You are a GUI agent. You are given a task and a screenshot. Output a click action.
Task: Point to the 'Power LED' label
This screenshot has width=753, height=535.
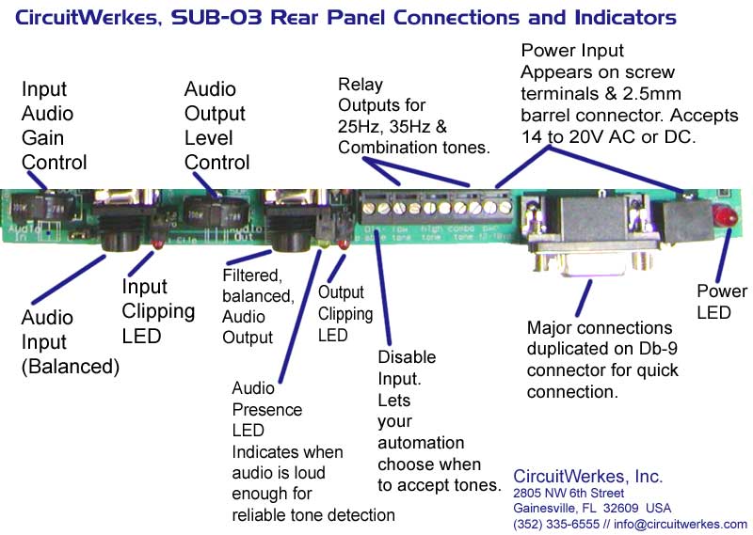click(x=721, y=301)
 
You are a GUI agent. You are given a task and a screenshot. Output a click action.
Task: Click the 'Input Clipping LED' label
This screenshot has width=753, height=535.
click(x=158, y=311)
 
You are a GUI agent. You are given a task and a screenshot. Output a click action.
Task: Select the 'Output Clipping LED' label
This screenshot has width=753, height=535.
click(x=344, y=314)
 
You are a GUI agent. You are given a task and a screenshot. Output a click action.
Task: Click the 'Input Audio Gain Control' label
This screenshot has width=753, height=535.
click(x=54, y=126)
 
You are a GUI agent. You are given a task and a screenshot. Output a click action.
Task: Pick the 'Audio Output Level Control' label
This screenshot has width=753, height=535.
click(x=216, y=126)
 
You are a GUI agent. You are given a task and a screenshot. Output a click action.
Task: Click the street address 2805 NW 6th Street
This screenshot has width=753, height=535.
click(x=569, y=493)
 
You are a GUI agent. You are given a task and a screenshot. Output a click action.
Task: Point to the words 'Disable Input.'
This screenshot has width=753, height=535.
click(x=407, y=369)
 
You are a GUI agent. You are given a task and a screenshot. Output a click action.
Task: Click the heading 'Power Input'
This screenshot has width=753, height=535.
click(x=572, y=50)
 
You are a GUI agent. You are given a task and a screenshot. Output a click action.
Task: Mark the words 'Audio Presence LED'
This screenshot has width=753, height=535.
click(x=267, y=410)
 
